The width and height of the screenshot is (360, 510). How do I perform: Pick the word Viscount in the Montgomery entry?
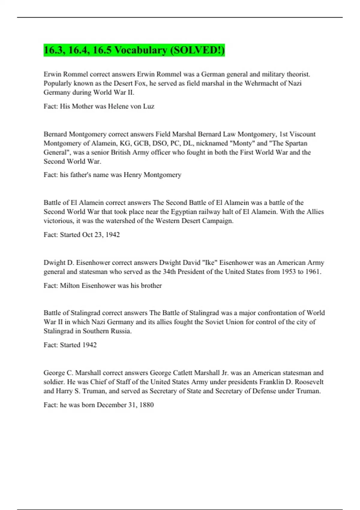pyautogui.click(x=302, y=134)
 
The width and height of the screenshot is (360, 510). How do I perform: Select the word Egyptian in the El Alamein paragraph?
pyautogui.click(x=184, y=212)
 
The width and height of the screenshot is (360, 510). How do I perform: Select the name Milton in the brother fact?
pyautogui.click(x=70, y=286)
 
